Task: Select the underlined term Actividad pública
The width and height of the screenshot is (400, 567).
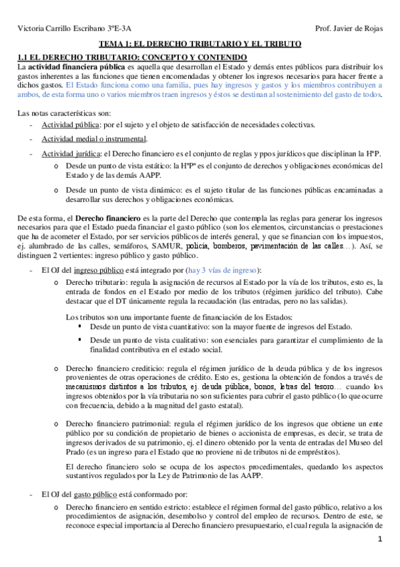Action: pyautogui.click(x=67, y=124)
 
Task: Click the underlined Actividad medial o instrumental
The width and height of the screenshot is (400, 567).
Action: pyautogui.click(x=93, y=139)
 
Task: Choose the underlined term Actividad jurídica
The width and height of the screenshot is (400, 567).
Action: pyautogui.click(x=67, y=154)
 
